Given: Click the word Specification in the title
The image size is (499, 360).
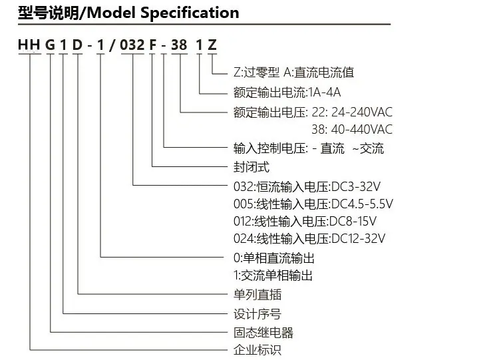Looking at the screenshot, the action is [x=190, y=13].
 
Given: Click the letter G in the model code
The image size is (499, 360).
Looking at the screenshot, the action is [x=50, y=45].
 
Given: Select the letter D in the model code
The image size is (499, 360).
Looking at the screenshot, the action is [x=77, y=45].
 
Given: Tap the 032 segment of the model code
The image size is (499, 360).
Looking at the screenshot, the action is [x=132, y=45].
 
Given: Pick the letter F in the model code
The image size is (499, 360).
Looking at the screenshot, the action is [x=153, y=45].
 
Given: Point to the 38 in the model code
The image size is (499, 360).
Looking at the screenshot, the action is [x=179, y=45].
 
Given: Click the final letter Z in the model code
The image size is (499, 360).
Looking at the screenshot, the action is [x=212, y=45].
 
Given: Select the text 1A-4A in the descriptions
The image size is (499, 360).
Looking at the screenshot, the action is [x=325, y=92].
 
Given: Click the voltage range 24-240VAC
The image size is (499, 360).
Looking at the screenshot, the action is [x=362, y=112].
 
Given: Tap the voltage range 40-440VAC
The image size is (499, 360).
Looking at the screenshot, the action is [x=362, y=129].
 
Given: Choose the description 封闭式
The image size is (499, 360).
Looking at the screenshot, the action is [x=251, y=167].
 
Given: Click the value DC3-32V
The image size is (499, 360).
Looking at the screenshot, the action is [x=356, y=186].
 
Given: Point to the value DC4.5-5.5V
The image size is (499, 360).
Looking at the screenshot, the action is [x=362, y=204].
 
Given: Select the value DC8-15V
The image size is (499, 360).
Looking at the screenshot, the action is [x=353, y=221].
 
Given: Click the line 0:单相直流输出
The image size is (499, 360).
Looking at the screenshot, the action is [x=274, y=258].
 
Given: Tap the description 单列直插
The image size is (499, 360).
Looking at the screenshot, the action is [x=257, y=294].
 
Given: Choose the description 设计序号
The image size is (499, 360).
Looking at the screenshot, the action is [x=257, y=314].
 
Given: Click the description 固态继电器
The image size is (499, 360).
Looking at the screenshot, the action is [x=263, y=333].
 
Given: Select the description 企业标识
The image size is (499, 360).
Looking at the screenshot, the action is [x=257, y=350].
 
